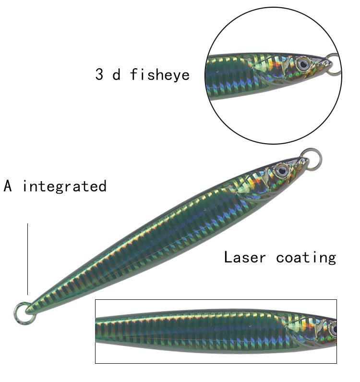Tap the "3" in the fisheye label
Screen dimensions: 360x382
tap(99, 74)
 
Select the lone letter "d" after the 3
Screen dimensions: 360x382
tap(116, 74)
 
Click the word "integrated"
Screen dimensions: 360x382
tap(64, 186)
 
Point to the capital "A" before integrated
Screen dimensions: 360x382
tap(8, 186)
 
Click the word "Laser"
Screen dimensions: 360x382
tap(245, 257)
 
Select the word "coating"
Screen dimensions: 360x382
tap(306, 257)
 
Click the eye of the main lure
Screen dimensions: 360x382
tap(281, 170)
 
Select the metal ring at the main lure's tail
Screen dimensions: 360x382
tap(22, 313)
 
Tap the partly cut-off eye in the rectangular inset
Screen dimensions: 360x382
tap(333, 330)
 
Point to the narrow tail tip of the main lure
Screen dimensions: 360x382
tap(31, 308)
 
